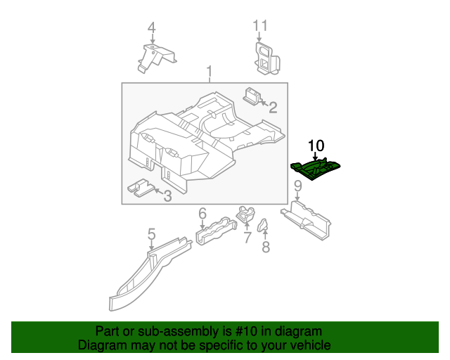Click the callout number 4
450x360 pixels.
[151, 27]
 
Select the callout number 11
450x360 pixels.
[260, 26]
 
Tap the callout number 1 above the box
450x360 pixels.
[209, 72]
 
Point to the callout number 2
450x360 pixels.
[272, 108]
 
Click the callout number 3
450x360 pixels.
[167, 195]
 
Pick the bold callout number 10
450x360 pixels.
[316, 146]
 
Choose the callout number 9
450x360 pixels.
[297, 186]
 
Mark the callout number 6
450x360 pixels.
[202, 213]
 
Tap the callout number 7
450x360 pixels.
[247, 238]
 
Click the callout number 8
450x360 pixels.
[265, 247]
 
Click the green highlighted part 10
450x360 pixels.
[316, 167]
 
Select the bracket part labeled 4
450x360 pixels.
[156, 56]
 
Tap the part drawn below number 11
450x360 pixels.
[265, 57]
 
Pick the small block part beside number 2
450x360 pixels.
[252, 94]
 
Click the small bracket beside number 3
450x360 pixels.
[141, 186]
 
